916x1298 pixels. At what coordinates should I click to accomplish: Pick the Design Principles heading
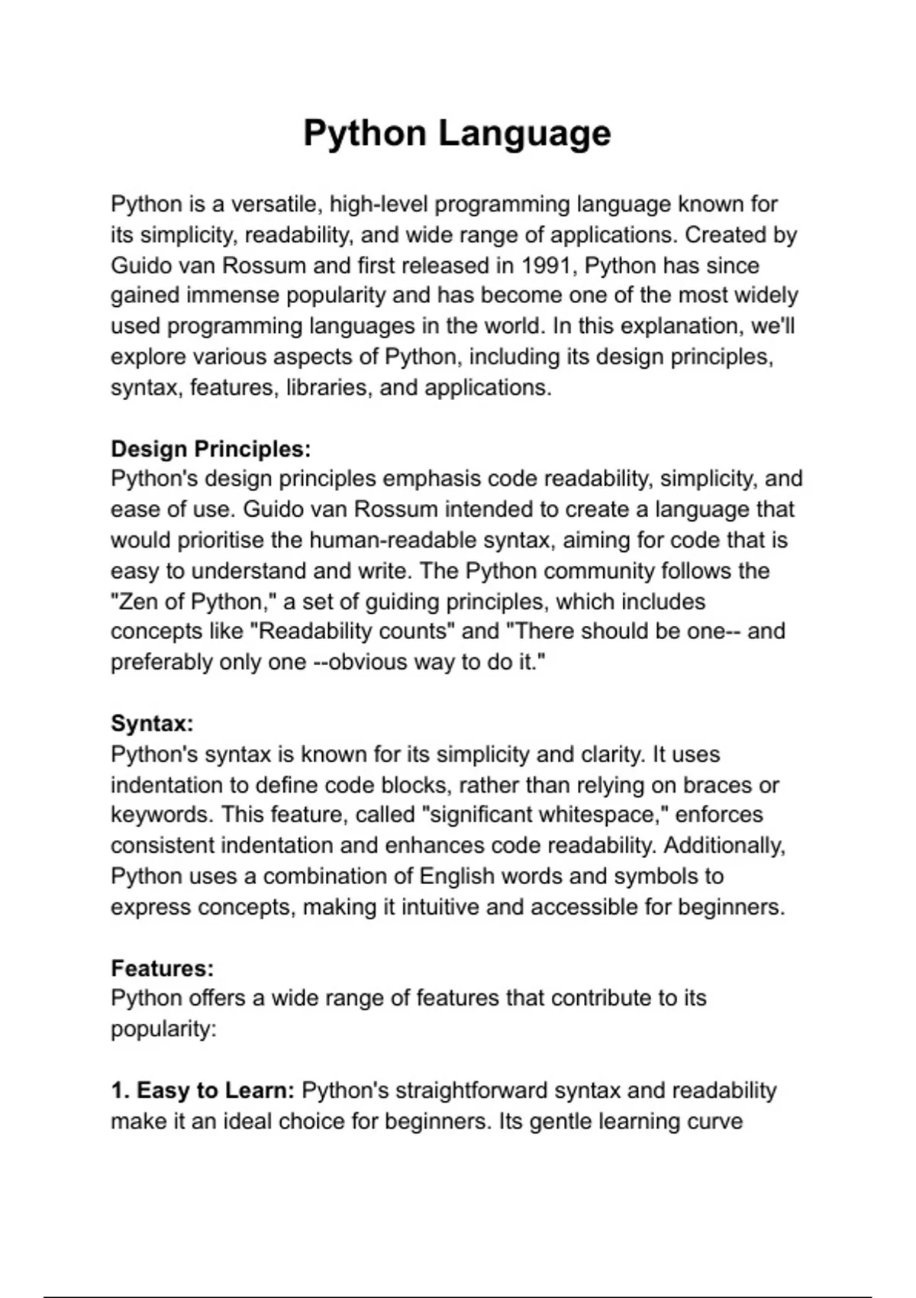coord(211,449)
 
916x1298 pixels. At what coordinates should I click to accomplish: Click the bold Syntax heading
coord(152,723)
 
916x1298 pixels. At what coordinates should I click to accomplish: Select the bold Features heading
coord(162,968)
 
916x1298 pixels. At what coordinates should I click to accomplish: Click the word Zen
coord(137,602)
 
